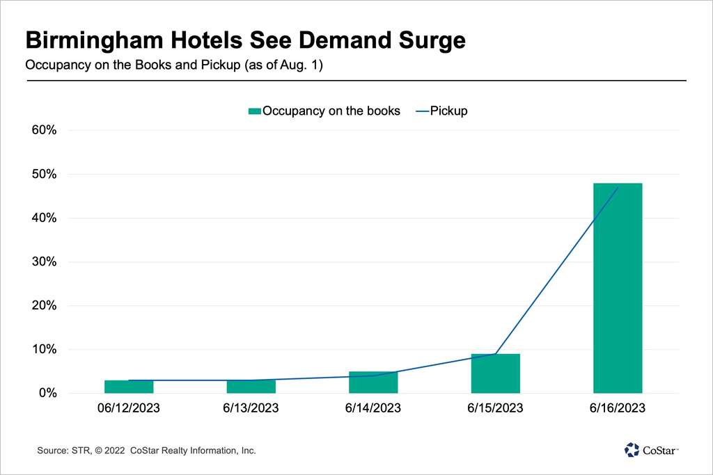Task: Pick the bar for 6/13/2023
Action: click(251, 387)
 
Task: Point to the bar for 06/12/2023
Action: click(129, 387)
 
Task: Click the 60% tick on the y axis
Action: click(45, 130)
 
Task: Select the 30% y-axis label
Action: click(45, 262)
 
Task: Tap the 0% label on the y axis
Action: click(48, 394)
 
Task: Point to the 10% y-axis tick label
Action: click(45, 350)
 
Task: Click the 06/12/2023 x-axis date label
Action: click(129, 408)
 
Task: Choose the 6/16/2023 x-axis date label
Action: click(618, 408)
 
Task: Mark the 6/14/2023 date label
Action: click(373, 408)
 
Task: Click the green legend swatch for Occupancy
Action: click(255, 111)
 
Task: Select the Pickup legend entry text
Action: click(448, 111)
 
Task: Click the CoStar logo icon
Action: click(632, 450)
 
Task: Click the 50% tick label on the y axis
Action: click(45, 174)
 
